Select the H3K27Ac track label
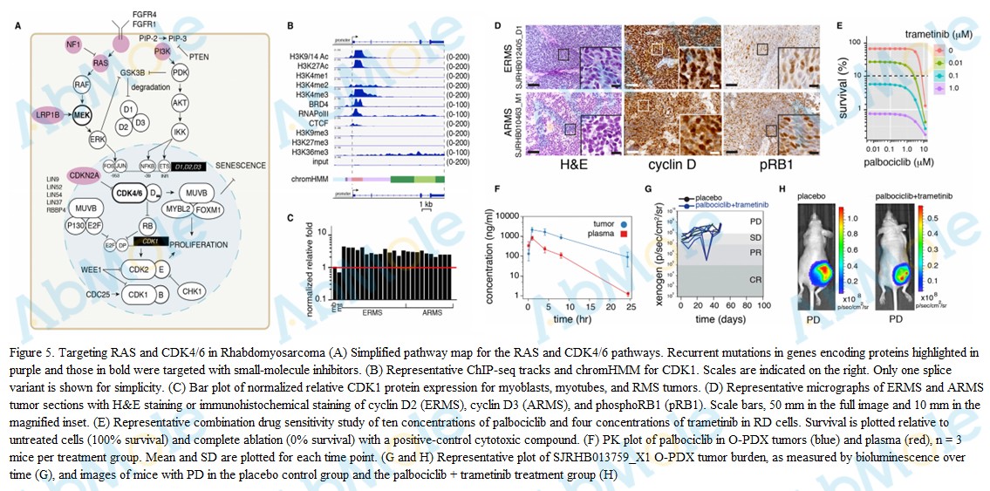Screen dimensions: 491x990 pos(330,65)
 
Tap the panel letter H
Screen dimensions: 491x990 pos(782,189)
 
